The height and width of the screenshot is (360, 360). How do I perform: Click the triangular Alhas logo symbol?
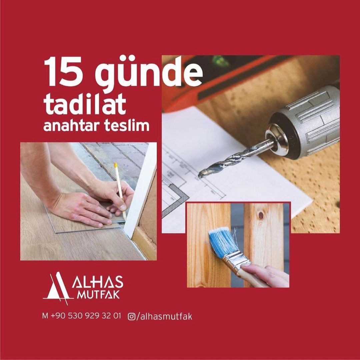click(x=57, y=288)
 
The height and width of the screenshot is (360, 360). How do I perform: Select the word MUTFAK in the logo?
click(x=98, y=295)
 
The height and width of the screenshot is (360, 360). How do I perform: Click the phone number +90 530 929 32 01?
click(x=85, y=316)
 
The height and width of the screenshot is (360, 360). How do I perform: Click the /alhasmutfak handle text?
click(x=164, y=317)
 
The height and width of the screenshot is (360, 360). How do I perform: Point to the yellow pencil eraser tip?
click(x=116, y=165)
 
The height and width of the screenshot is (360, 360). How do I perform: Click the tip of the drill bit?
click(x=200, y=176)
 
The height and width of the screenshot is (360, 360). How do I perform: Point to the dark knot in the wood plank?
click(x=261, y=215)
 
